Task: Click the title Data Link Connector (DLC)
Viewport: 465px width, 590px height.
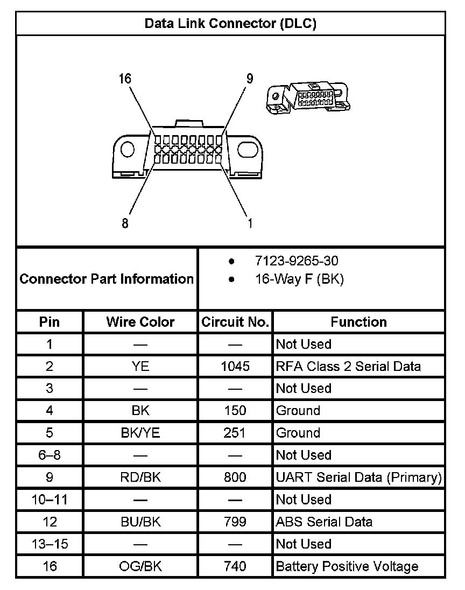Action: click(230, 24)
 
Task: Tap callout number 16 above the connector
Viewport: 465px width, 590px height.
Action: click(125, 79)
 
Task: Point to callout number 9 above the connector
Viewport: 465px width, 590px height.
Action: click(250, 79)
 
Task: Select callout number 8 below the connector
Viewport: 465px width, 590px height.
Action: click(125, 223)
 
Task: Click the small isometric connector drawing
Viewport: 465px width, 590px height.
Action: click(309, 96)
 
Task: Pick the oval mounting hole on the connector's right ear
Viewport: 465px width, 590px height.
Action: click(248, 148)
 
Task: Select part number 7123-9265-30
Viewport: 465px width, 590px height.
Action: click(297, 262)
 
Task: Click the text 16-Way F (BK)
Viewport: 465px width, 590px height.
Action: click(299, 279)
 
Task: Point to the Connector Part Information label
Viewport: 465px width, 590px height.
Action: click(107, 279)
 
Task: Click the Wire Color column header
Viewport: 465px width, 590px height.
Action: click(140, 322)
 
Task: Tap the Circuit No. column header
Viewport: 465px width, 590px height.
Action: click(235, 322)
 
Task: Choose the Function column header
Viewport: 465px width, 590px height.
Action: click(358, 322)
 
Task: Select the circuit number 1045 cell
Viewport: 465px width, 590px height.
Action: click(235, 367)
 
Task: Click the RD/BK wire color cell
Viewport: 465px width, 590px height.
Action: click(140, 477)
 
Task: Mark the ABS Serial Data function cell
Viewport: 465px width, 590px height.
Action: click(324, 522)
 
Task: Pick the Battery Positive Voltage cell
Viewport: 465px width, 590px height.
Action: click(347, 566)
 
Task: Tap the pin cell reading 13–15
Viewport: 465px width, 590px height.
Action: click(50, 544)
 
